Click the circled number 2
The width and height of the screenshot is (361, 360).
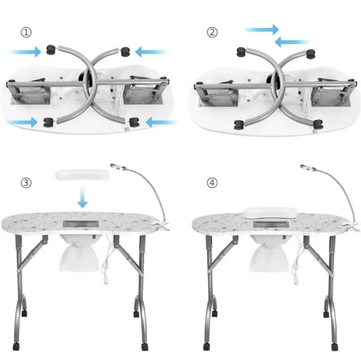point(211,32)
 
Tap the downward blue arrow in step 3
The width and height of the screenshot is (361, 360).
point(81,198)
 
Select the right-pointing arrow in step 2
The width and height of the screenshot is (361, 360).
point(261,30)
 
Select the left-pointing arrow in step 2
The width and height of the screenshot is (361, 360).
point(290,42)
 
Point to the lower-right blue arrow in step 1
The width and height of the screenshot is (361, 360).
point(161,122)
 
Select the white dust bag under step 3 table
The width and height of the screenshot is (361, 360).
point(81,254)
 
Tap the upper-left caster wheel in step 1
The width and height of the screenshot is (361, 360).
point(51,49)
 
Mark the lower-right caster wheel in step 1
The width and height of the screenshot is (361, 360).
point(135,121)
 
